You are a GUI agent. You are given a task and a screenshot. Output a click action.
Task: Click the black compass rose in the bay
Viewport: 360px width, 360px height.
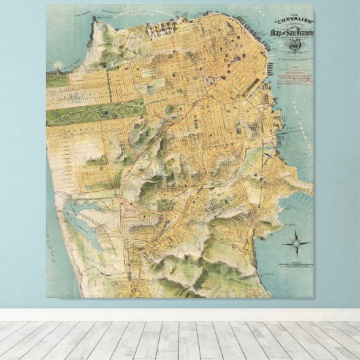(x=299, y=242)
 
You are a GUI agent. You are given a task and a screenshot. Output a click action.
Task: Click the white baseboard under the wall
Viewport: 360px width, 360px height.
(x=180, y=314)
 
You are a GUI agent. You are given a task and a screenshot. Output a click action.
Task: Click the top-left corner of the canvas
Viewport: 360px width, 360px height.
(x=47, y=5)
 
